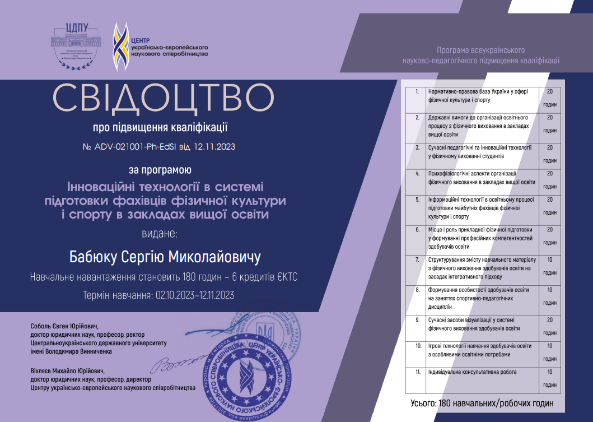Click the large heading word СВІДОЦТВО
(164, 99)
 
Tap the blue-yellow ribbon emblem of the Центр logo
(119, 47)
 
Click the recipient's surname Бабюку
(92, 258)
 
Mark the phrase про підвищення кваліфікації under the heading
(160, 128)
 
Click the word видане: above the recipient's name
(160, 233)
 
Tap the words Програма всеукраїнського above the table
(480, 50)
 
